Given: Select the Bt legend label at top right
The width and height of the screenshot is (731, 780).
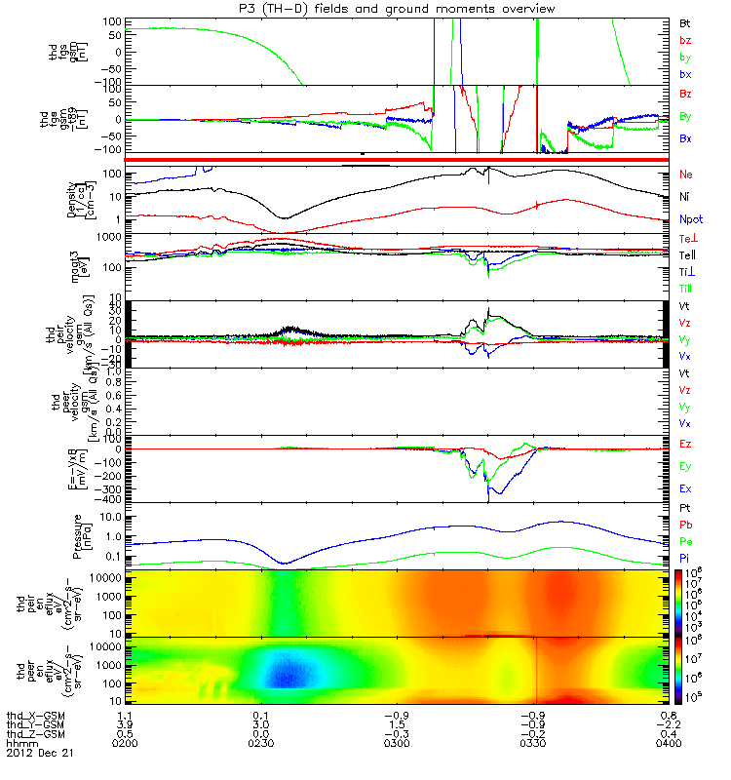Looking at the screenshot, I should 687,20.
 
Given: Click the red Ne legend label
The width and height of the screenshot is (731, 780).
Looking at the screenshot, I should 687,174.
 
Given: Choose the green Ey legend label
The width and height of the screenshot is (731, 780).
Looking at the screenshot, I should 687,466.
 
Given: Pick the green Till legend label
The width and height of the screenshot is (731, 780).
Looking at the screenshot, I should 688,289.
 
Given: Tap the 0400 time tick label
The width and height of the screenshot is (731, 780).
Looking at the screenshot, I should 660,744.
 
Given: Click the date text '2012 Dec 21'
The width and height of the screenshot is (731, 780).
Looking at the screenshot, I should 39,754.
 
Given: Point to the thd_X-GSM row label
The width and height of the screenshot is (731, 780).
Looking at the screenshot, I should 36,715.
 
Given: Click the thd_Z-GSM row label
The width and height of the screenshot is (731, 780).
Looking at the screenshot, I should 36,734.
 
